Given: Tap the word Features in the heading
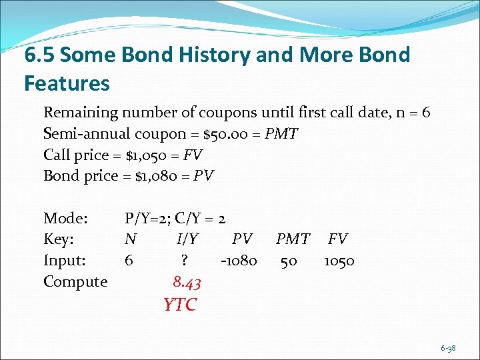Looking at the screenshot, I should pyautogui.click(x=67, y=83).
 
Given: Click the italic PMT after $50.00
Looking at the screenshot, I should pyautogui.click(x=281, y=134).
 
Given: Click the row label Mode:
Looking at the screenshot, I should pyautogui.click(x=66, y=218).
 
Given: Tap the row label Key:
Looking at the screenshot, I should pyautogui.click(x=59, y=239).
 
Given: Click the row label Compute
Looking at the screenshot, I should pyautogui.click(x=75, y=282).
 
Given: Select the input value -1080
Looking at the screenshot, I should pyautogui.click(x=237, y=261).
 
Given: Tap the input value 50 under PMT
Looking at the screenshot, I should pyautogui.click(x=289, y=261).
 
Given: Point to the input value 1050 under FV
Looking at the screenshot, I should pyautogui.click(x=339, y=261).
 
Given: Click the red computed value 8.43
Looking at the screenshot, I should pyautogui.click(x=187, y=283).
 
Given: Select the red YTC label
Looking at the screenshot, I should pyautogui.click(x=180, y=305).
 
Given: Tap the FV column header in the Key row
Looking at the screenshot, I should pyautogui.click(x=338, y=239).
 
